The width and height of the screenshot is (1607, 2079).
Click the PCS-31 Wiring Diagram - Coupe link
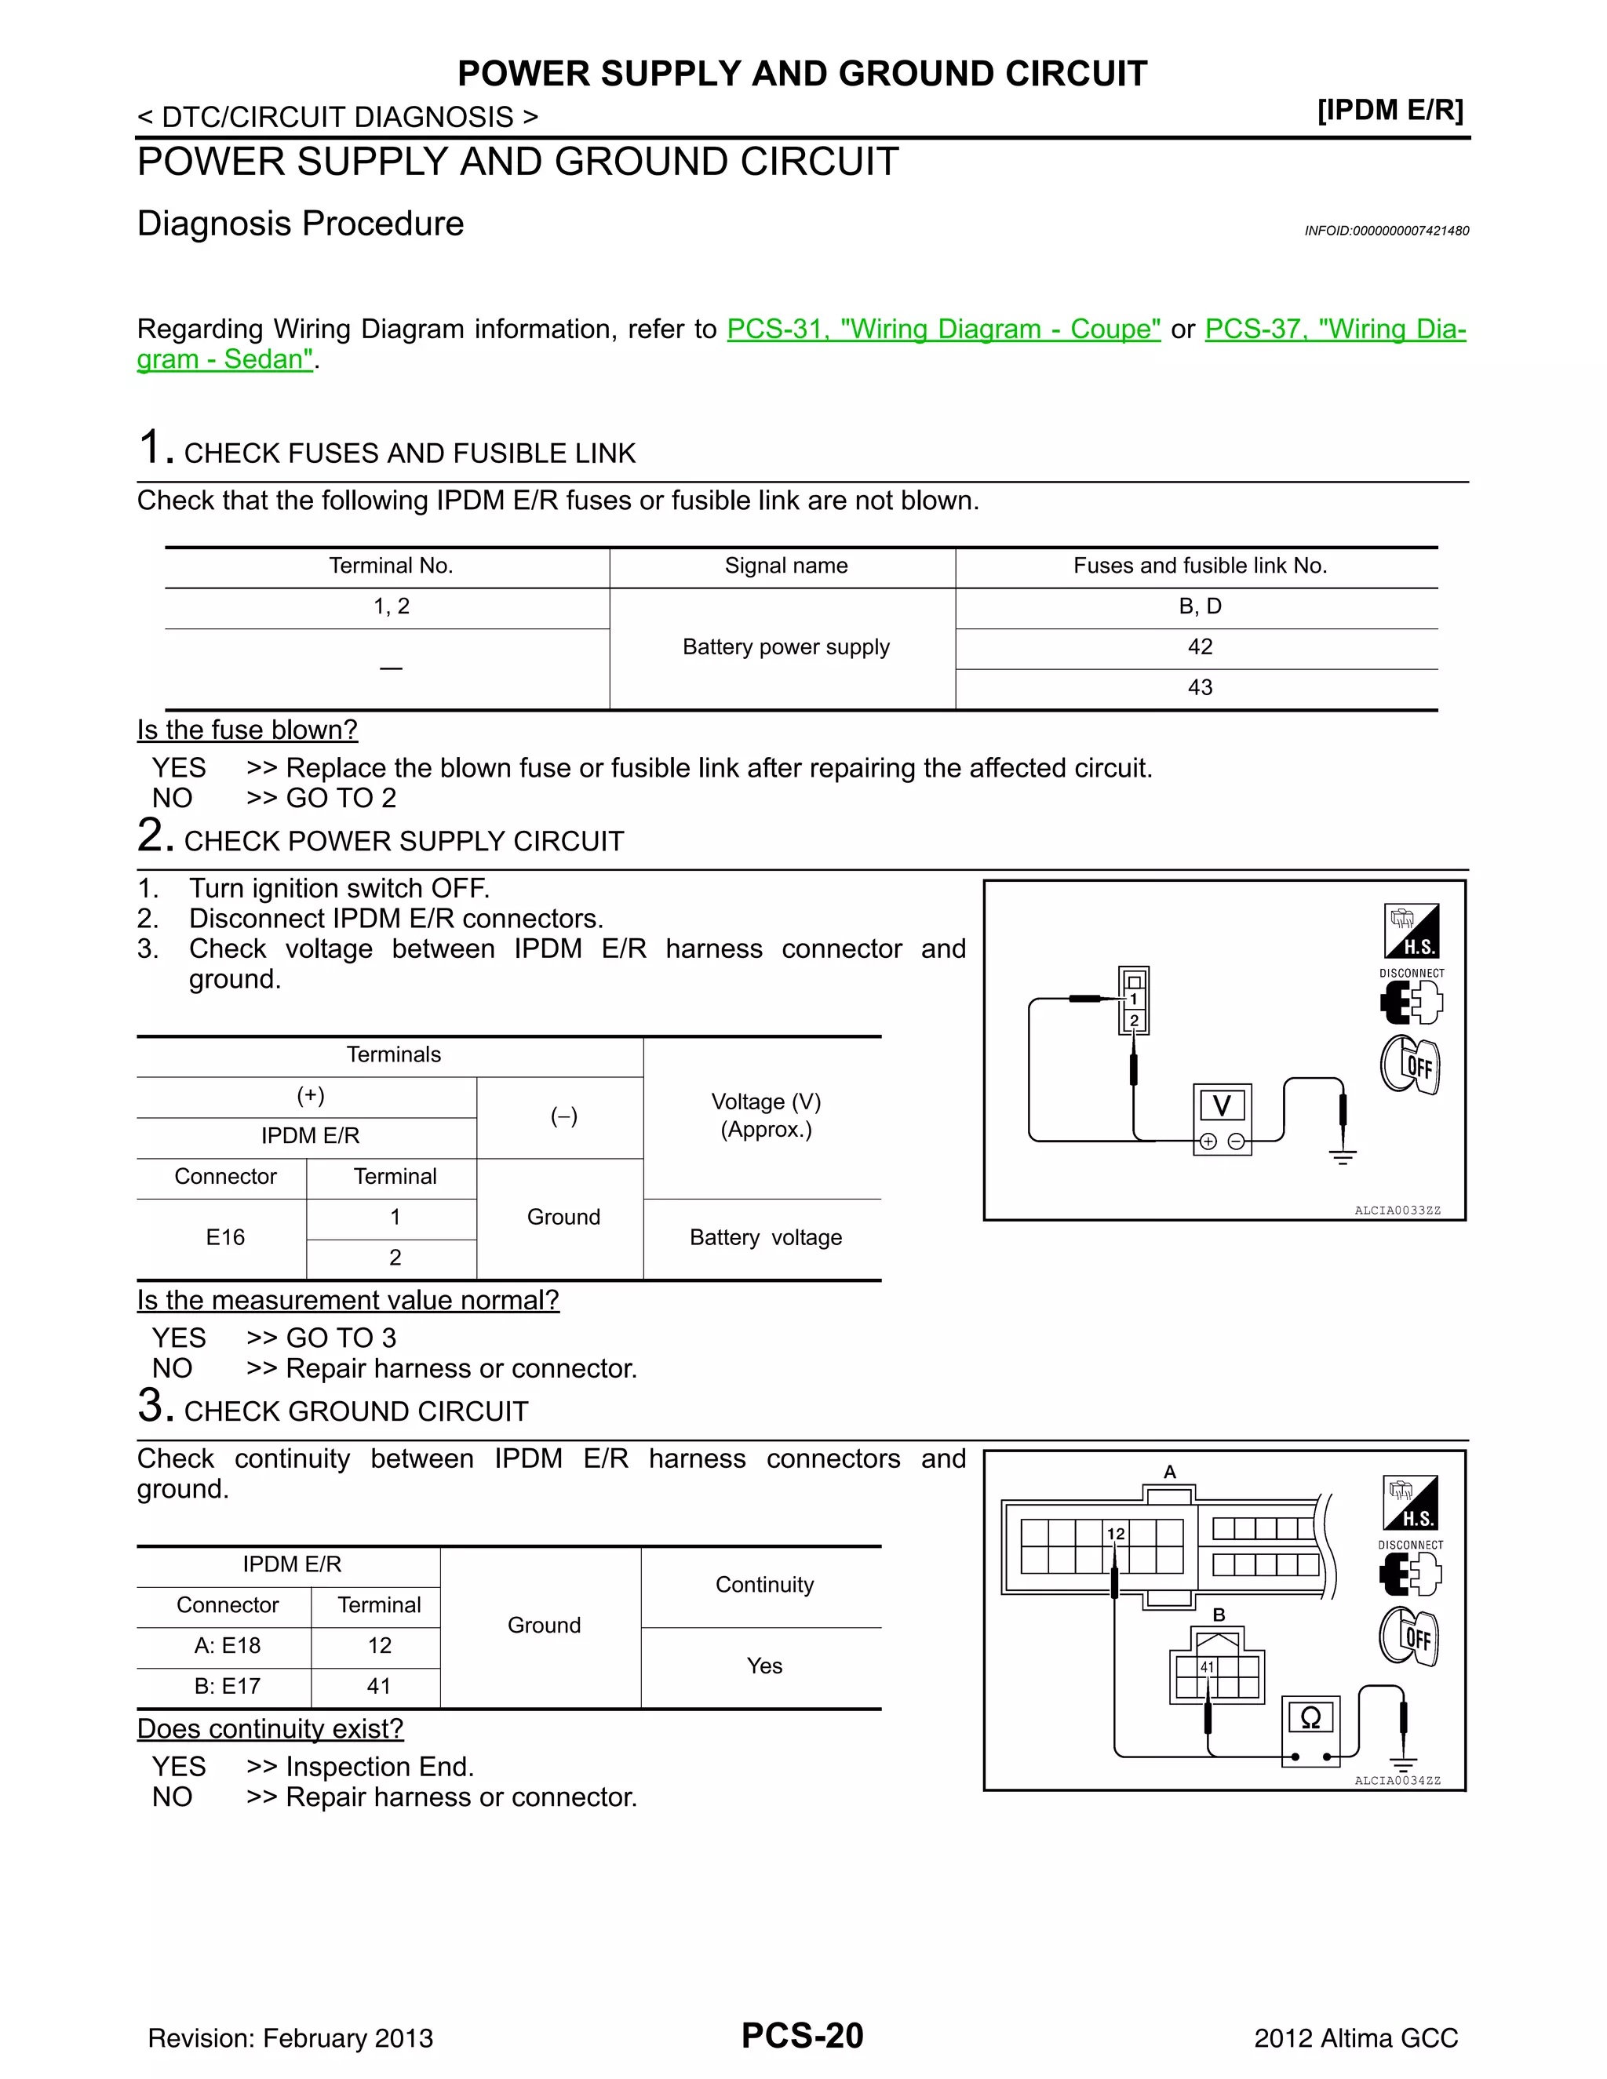(x=942, y=330)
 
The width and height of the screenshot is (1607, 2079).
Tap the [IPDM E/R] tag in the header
(x=1390, y=111)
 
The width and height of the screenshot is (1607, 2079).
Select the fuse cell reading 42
(x=1200, y=647)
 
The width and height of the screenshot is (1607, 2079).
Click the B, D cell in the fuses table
(x=1200, y=606)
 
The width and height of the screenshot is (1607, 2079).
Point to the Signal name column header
(x=785, y=566)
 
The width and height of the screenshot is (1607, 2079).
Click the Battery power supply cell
(x=785, y=647)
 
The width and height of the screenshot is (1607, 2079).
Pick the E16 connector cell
(x=226, y=1237)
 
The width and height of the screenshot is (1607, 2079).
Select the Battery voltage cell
(x=765, y=1237)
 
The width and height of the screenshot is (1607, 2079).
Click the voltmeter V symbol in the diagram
(x=1222, y=1106)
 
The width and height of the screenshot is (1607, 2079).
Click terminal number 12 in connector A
(x=1116, y=1534)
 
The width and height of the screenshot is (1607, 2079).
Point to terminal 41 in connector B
(x=1207, y=1667)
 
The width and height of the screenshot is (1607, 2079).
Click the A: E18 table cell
(x=227, y=1646)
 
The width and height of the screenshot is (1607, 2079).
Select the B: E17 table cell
(x=227, y=1686)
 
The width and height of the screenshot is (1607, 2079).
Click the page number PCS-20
(x=802, y=2036)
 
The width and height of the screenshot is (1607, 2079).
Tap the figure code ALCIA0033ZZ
(x=1397, y=1211)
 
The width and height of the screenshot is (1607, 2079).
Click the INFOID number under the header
(x=1387, y=231)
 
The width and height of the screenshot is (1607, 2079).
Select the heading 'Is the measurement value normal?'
(x=348, y=1300)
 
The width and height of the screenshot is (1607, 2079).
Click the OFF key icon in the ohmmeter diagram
(x=1410, y=1637)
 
